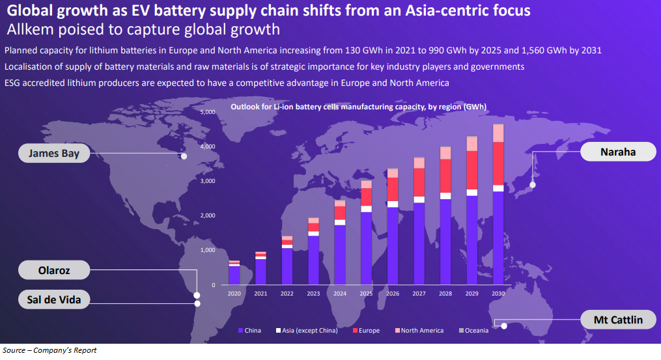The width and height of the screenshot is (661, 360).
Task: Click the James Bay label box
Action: [x=53, y=154]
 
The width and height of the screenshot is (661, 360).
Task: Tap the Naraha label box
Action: [x=617, y=152]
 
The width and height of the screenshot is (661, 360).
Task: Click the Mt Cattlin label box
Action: [x=617, y=320]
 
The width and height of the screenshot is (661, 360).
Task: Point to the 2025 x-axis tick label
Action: [x=367, y=294]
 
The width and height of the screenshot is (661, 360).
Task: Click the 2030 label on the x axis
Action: [x=498, y=294]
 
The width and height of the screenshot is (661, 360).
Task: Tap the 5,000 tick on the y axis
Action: [x=207, y=112]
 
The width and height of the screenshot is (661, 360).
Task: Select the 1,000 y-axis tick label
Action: [x=207, y=250]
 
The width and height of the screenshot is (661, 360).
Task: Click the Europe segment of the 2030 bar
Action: [x=498, y=163]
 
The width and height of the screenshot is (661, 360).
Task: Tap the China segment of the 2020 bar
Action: [x=234, y=275]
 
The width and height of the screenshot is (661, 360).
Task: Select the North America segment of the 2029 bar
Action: [x=472, y=143]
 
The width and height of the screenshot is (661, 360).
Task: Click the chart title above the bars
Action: [x=359, y=106]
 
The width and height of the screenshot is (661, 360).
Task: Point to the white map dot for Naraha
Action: [x=533, y=185]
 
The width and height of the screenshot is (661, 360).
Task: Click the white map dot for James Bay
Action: [x=184, y=156]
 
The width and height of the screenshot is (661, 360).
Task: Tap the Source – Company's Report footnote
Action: [x=49, y=351]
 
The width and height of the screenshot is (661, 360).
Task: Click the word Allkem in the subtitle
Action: [x=27, y=29]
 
